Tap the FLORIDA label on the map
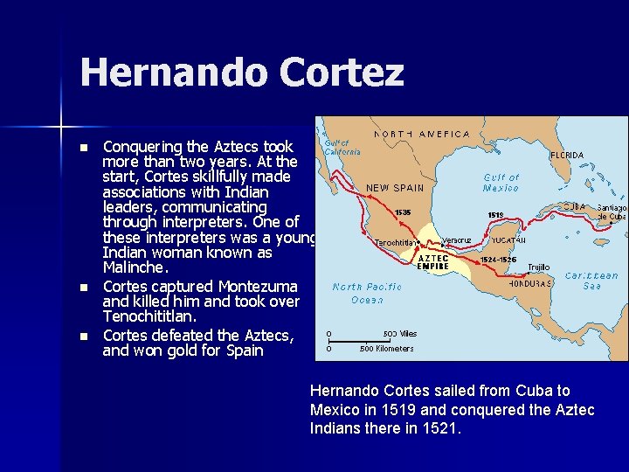(x=566, y=155)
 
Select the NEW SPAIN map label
(x=395, y=187)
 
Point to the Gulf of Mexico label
(x=501, y=182)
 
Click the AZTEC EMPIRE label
(x=434, y=261)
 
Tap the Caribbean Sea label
(x=591, y=281)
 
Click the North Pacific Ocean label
(x=367, y=293)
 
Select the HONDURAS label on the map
(x=529, y=283)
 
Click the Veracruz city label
(x=456, y=239)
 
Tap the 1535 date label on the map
(x=403, y=212)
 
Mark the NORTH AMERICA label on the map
(x=422, y=135)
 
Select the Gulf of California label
(x=337, y=146)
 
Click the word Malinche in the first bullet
(x=130, y=267)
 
